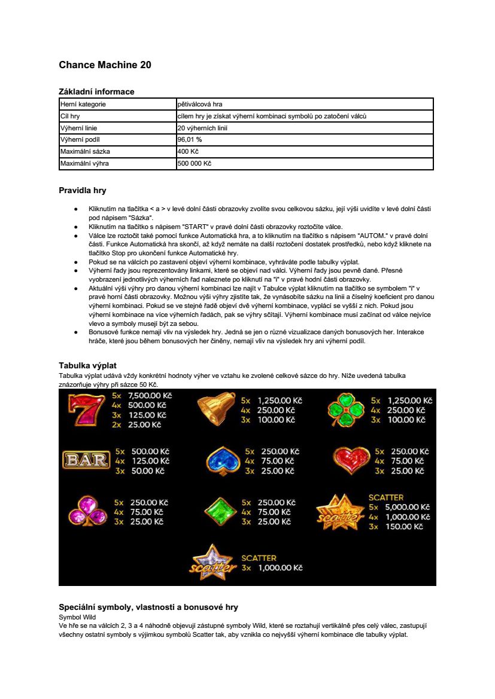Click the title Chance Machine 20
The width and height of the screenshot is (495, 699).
(x=105, y=65)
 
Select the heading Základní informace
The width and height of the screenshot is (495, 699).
(x=96, y=91)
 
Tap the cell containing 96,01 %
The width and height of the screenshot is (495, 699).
(x=190, y=139)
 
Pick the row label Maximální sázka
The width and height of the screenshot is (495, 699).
(x=85, y=151)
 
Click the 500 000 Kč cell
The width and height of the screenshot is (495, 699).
(x=195, y=163)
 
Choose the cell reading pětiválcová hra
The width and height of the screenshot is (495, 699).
(x=200, y=104)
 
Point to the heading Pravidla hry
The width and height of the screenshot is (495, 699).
(x=82, y=191)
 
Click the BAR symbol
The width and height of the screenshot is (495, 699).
(x=86, y=460)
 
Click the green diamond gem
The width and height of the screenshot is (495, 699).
(x=221, y=511)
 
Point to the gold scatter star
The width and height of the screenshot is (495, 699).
(x=339, y=512)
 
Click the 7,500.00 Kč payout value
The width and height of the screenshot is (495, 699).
(x=150, y=396)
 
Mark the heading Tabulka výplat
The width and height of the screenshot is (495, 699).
(x=87, y=365)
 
